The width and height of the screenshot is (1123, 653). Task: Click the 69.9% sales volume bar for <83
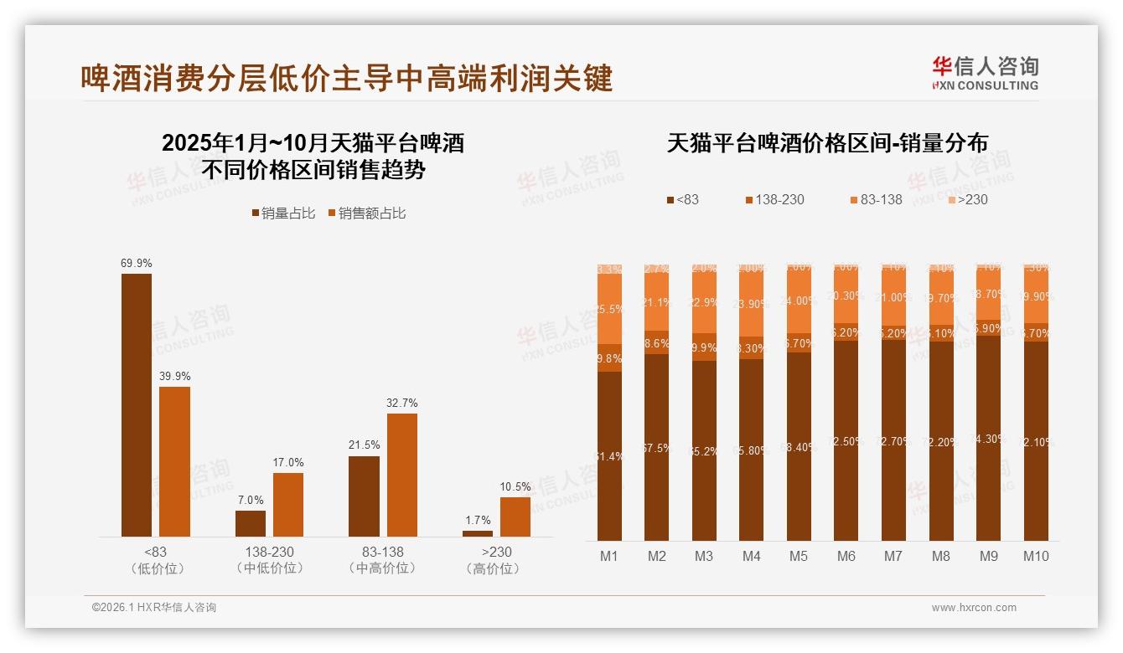pos(137,405)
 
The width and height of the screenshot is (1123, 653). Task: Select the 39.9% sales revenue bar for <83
pos(174,461)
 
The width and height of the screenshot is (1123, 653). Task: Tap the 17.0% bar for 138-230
pos(288,505)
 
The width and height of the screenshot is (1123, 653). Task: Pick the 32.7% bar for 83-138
pos(401,475)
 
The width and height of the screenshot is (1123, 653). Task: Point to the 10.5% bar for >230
pos(515,517)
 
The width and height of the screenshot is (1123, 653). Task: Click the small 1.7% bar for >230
pos(478,533)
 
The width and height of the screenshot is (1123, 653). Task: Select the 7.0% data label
pos(251,500)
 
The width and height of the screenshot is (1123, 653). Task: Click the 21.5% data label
pos(364,445)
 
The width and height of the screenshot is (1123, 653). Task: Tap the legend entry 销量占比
pos(283,213)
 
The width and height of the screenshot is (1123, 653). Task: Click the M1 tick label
pos(609,556)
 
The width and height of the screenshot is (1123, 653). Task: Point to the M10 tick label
pos(1036,556)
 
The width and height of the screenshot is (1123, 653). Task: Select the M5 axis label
pos(799,556)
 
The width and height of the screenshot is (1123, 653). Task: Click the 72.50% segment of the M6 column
pos(846,440)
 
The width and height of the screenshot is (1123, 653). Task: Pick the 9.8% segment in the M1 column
pos(609,357)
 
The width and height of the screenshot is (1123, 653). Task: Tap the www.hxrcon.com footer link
pos(974,608)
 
